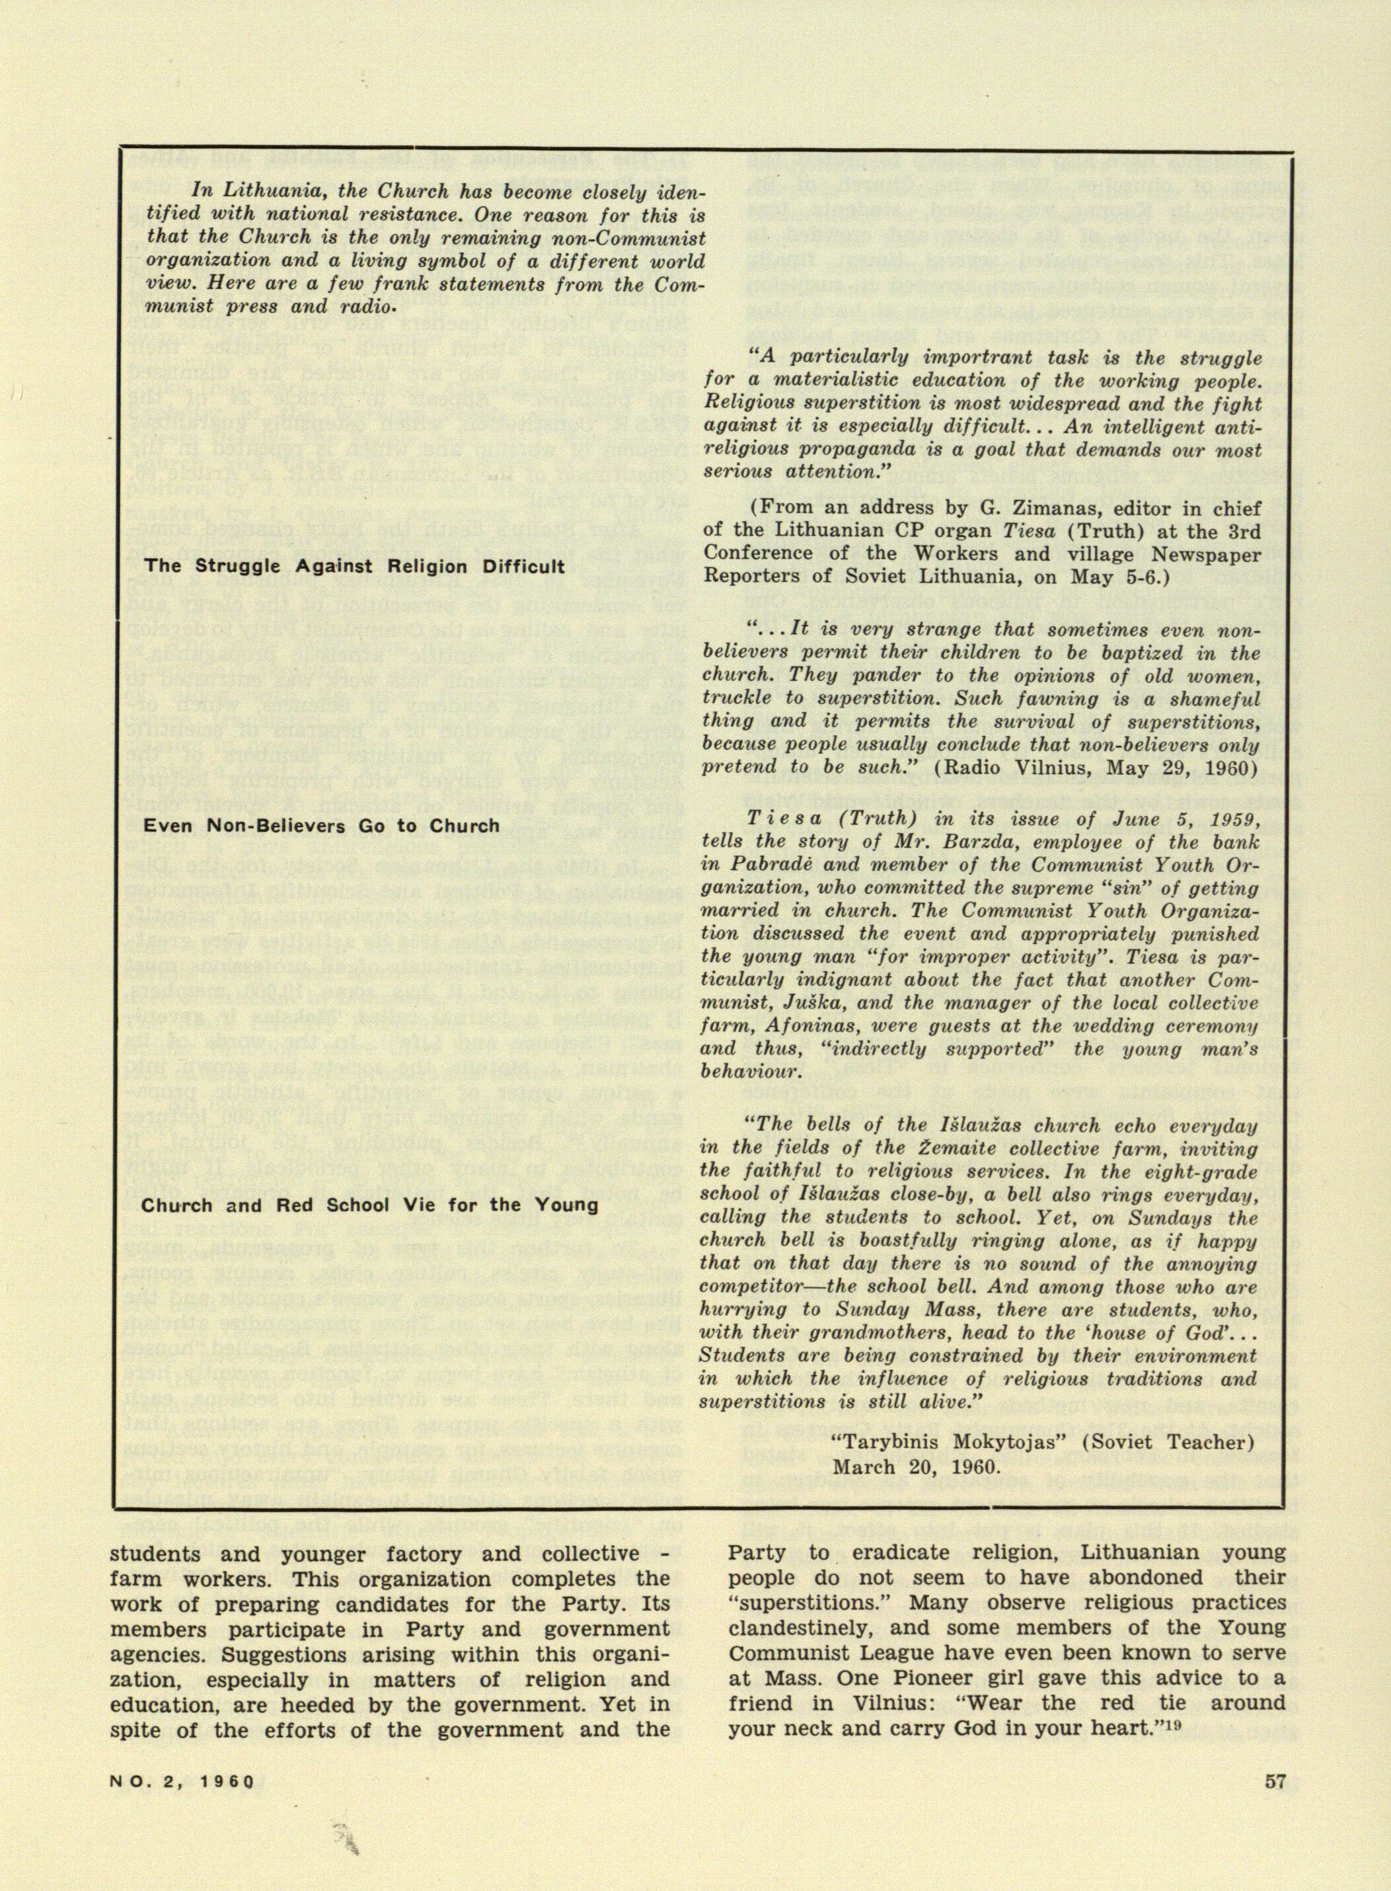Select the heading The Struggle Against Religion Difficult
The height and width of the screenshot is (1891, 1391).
354,565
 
